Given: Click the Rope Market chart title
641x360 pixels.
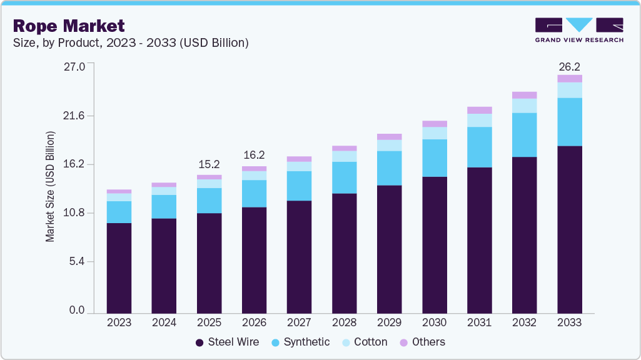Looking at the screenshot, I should point(69,26).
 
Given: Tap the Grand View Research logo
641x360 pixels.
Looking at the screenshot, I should point(578,29).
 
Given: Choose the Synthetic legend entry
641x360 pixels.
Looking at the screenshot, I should point(300,342).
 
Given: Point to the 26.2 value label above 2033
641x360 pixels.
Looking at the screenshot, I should point(569,66).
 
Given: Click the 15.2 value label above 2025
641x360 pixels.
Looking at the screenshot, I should point(209,164).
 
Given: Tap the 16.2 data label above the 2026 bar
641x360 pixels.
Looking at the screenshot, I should point(254,155).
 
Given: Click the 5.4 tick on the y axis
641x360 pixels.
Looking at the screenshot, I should point(77,262).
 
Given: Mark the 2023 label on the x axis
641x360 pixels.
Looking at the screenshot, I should point(119,322).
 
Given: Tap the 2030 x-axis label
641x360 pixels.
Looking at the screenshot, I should point(434,322).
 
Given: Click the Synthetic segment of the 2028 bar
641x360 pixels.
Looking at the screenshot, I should point(344,177).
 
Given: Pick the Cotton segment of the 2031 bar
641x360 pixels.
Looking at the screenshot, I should point(479,120).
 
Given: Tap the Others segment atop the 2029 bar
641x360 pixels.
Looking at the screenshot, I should point(389,136).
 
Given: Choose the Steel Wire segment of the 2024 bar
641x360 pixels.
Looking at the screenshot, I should point(164,266).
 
